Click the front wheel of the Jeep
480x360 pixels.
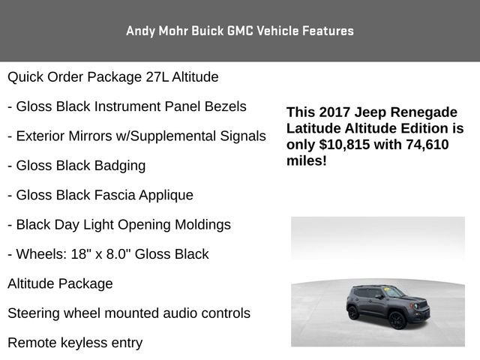(x=397, y=319)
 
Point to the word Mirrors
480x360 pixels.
(x=97, y=136)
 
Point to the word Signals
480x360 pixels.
(x=238, y=136)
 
